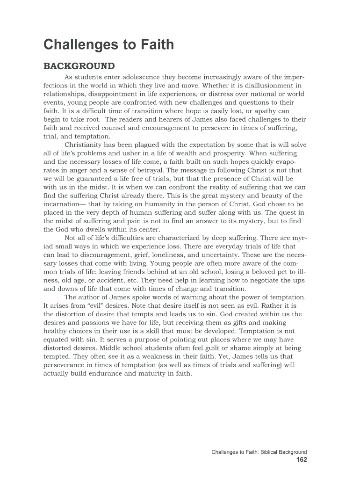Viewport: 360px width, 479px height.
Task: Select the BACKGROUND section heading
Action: (79, 66)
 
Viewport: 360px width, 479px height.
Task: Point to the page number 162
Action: (302, 460)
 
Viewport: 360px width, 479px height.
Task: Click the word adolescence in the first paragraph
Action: (138, 77)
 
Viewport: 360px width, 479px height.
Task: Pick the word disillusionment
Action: (265, 86)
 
